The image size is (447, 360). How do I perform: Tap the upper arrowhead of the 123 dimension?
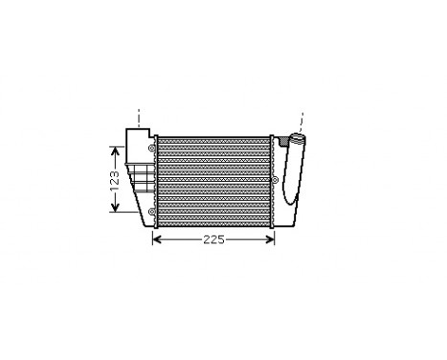point(115,149)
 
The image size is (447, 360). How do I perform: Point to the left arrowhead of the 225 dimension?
point(158,239)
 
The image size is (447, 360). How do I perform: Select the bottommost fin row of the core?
point(213,222)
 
